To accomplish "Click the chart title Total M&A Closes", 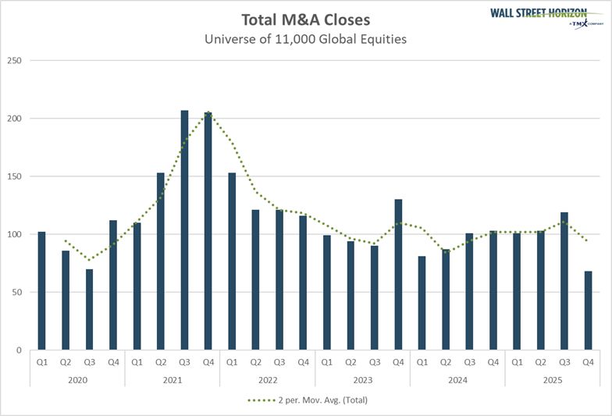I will pos(305,20).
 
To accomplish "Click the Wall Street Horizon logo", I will pos(547,16).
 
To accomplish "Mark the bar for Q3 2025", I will pos(564,281).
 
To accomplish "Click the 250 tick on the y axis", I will pos(15,61).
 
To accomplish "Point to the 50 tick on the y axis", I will pos(17,293).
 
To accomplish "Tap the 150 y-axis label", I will pos(15,176).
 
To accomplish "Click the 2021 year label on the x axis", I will pos(173,379).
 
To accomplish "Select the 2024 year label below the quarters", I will pos(458,379).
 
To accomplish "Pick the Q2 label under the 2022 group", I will pos(255,362).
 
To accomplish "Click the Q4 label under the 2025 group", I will pos(589,362).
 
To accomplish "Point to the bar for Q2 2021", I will pos(161,261).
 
